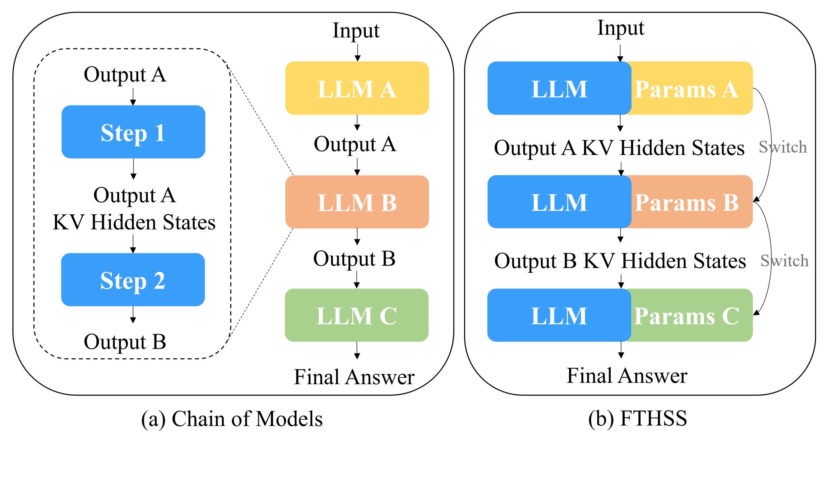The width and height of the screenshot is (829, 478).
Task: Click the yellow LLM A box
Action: pos(357,88)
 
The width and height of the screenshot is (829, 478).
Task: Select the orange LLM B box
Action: pos(357,202)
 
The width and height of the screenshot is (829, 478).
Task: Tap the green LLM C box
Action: pos(357,315)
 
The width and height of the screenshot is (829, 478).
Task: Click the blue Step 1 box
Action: pos(133,132)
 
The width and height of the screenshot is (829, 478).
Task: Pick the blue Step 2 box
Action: pos(133,279)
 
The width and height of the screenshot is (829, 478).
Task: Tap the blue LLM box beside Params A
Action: pos(559,88)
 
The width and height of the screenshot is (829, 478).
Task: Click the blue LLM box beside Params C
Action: pos(559,315)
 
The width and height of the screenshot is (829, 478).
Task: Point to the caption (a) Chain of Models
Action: pos(232,419)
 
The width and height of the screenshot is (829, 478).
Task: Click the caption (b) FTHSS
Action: pos(638,419)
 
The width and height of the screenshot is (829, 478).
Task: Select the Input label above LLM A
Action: pos(356,31)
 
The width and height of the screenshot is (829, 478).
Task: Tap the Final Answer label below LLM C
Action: pos(354,377)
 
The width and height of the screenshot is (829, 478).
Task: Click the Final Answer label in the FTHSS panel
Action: pos(627,375)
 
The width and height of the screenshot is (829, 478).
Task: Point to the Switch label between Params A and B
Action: pos(783,147)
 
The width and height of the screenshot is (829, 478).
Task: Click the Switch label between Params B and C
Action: pos(784,261)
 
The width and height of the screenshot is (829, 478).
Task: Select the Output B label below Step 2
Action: pos(125,342)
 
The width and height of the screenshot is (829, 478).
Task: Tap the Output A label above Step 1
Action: pos(125,75)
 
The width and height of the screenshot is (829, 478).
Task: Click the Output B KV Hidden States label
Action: pos(620,261)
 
